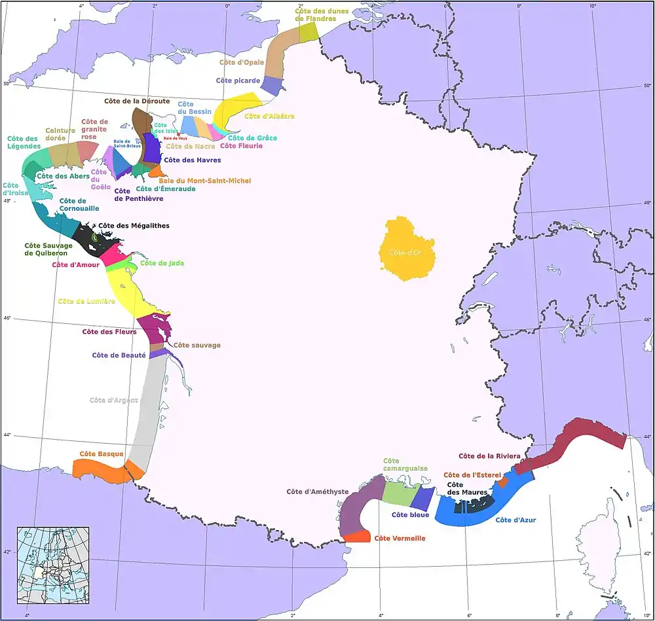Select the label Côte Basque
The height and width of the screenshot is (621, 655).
coord(97,453)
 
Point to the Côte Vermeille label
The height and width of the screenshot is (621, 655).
coord(400,539)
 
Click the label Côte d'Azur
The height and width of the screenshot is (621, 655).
coord(516,520)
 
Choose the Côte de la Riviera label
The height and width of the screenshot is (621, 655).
coord(489,456)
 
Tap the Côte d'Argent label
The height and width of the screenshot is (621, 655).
coord(113,400)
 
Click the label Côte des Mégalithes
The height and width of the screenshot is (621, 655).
coord(134,226)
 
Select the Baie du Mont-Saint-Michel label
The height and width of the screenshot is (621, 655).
coord(204,180)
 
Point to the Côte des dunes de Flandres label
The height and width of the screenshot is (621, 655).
coord(316,14)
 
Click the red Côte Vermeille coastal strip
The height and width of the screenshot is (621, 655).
coord(357,537)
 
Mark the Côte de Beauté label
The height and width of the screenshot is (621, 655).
coord(119,355)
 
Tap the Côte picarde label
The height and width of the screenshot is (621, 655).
coord(238,80)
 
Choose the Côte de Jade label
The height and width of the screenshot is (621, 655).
coord(162,263)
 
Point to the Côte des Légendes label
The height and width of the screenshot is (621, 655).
coord(23,143)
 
